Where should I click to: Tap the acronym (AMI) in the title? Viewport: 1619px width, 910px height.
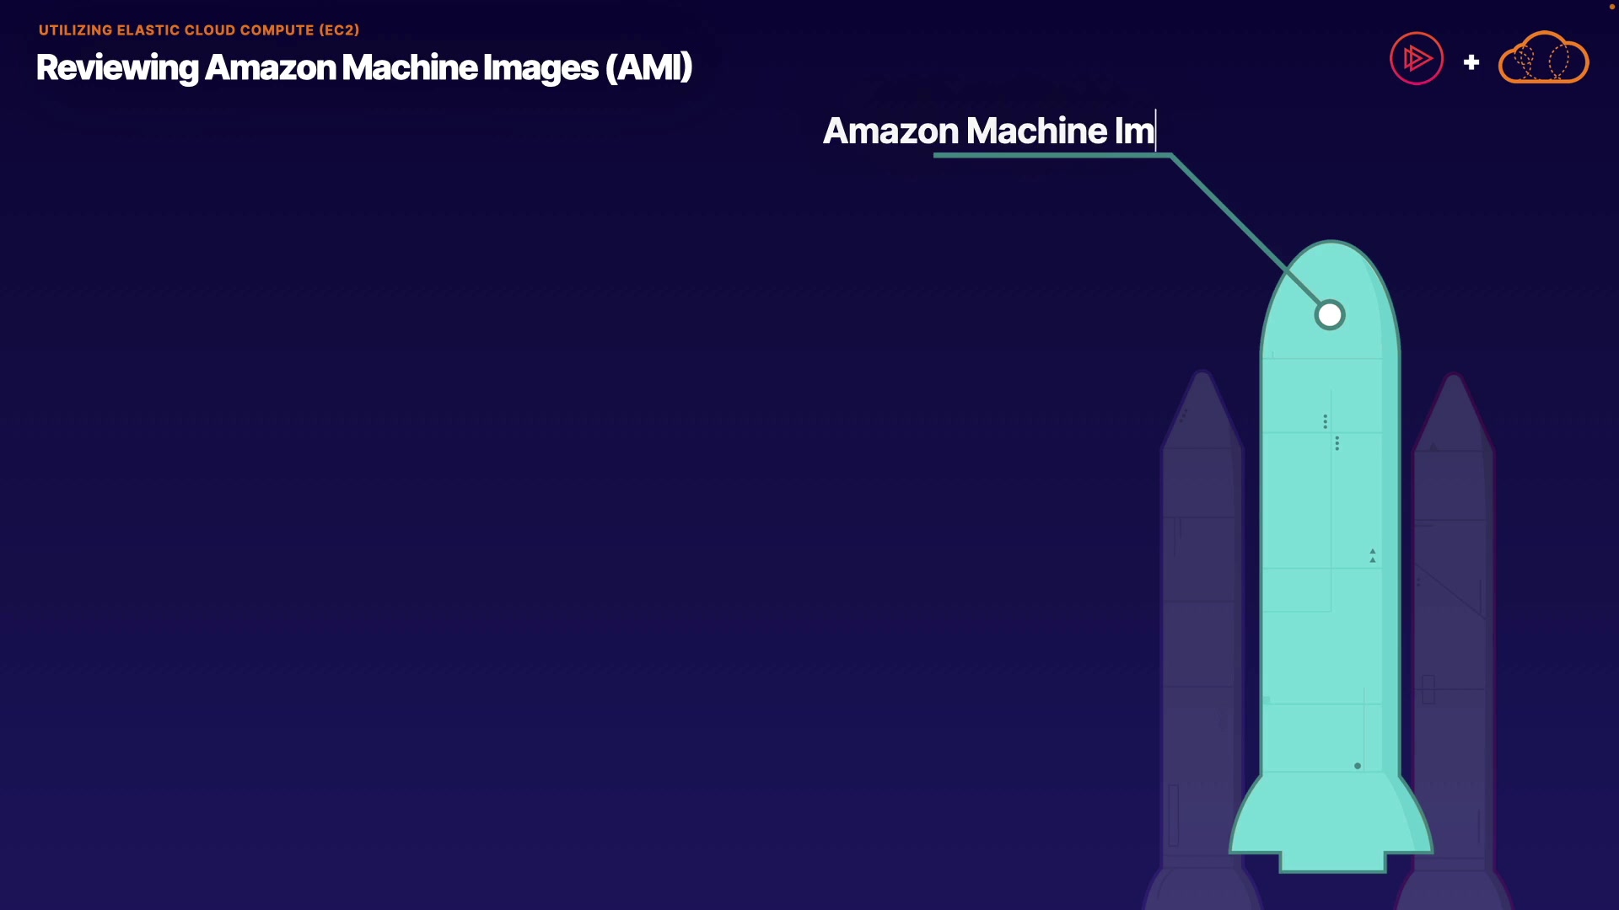click(648, 67)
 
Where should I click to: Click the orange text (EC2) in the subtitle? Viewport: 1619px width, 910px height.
click(339, 30)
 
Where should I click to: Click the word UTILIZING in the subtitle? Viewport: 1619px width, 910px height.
click(75, 30)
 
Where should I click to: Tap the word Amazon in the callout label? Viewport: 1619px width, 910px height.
click(890, 131)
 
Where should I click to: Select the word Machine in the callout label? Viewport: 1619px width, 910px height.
click(1036, 131)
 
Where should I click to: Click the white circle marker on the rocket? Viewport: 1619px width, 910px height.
click(1330, 315)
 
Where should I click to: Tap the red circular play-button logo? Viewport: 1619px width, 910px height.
click(1417, 59)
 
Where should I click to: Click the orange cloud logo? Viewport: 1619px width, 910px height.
click(1543, 59)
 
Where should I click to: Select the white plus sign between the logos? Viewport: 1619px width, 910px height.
click(1471, 62)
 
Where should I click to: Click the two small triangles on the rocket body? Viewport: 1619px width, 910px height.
click(1373, 556)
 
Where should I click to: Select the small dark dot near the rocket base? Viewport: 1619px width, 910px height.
click(1358, 766)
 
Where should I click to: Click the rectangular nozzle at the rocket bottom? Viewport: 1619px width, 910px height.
click(1332, 861)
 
